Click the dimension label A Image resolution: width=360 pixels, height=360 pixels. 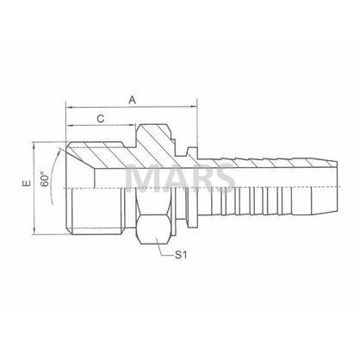pos(132,100)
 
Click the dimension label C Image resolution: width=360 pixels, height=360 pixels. pos(101,119)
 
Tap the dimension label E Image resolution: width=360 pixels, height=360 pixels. pos(27,183)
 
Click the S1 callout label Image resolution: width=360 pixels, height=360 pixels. pos(181,255)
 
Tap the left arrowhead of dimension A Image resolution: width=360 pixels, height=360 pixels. pos(70,108)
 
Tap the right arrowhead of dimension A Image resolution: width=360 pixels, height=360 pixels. pos(193,108)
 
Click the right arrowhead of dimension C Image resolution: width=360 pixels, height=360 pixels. pos(132,125)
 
